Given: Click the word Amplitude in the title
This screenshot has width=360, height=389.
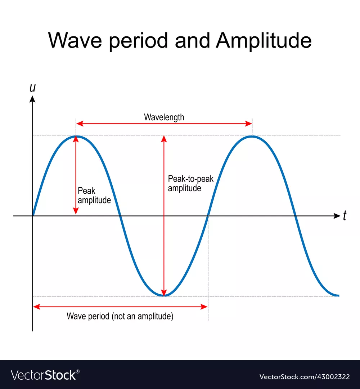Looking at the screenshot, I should coord(264,41).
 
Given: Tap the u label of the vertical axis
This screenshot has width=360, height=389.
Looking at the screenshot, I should coord(32,88).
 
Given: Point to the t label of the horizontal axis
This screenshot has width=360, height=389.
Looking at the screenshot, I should coord(345,216).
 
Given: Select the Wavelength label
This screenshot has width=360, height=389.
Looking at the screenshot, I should coord(164,117).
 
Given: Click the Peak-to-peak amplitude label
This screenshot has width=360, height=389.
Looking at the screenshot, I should coord(190,184).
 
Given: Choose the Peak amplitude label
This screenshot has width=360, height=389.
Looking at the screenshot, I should coord(94,196).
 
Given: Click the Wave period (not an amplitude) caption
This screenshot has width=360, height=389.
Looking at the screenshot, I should coord(120,317).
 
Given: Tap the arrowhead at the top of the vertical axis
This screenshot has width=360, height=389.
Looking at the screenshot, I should coord(32,99).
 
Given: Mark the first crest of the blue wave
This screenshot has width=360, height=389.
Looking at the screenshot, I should coord(76,136).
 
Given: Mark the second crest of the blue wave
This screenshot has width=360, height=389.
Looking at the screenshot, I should coord(252,136).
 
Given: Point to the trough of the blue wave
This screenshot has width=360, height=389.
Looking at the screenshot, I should coord(164,296).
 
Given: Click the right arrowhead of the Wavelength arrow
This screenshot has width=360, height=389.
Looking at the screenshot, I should coord(249,124).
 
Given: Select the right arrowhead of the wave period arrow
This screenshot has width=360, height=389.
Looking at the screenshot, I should coord(204,307).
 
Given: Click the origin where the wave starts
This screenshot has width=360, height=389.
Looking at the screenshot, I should coord(32,216).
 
